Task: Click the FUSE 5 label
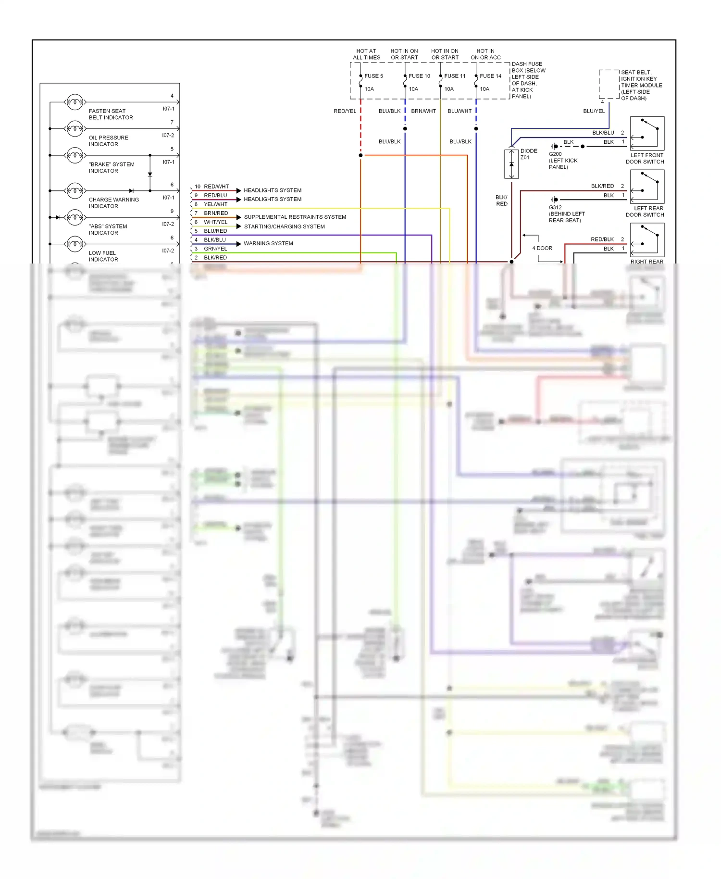[x=373, y=76]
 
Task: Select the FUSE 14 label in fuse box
[x=490, y=76]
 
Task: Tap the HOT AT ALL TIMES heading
[x=366, y=54]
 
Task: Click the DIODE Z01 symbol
[x=511, y=164]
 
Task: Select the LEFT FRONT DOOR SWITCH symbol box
[x=647, y=133]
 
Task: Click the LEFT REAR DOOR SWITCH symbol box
[x=647, y=187]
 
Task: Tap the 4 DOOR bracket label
[x=542, y=248]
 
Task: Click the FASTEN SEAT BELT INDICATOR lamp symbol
[x=75, y=102]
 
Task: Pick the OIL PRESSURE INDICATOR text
[x=108, y=141]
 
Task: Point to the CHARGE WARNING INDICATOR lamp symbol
[x=75, y=191]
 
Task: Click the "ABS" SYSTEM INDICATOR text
[x=108, y=229]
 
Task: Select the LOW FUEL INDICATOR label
[x=103, y=256]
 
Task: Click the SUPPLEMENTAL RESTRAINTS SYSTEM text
[x=295, y=217]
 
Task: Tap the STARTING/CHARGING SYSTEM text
[x=284, y=226]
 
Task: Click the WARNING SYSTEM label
[x=268, y=243]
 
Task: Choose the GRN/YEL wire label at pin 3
[x=215, y=249]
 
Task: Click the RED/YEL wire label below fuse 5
[x=345, y=111]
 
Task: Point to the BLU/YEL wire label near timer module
[x=594, y=111]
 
